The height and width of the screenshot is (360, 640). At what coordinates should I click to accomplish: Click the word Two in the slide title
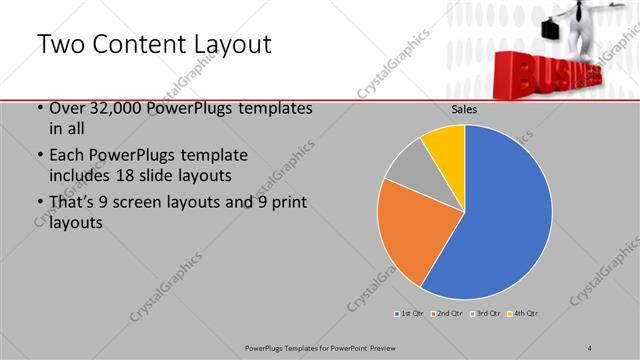[60, 46]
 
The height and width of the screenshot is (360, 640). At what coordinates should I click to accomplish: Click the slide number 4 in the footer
[590, 346]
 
